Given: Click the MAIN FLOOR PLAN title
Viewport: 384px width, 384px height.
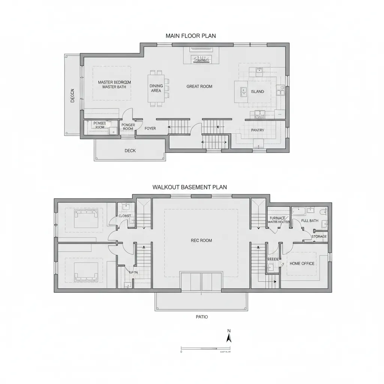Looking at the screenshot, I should tap(190, 36).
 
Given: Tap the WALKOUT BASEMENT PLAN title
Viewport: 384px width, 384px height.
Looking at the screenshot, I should tap(189, 187).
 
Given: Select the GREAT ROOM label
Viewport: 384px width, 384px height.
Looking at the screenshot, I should tap(199, 86).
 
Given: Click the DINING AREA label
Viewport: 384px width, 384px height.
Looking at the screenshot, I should tap(156, 88).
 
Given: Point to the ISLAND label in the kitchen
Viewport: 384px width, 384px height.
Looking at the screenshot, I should tap(257, 91).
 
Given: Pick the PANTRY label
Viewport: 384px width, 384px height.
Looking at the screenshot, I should tap(258, 130).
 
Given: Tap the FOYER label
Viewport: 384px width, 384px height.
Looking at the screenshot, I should tap(150, 129).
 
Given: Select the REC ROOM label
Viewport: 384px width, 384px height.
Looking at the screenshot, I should tap(201, 240).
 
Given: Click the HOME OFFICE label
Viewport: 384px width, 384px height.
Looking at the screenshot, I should tap(302, 264).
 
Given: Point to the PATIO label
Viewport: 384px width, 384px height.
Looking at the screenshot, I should tap(202, 317).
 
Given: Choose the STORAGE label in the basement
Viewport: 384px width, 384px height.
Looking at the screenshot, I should tap(319, 237).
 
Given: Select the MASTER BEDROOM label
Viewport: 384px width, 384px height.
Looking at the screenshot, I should tap(114, 82).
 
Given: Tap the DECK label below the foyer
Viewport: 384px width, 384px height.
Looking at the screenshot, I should tap(130, 151).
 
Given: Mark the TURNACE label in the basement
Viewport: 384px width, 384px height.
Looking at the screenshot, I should tap(277, 218).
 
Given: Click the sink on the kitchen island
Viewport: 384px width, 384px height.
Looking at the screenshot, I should tap(244, 91).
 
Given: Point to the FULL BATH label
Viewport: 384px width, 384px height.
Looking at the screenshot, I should tap(310, 221).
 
